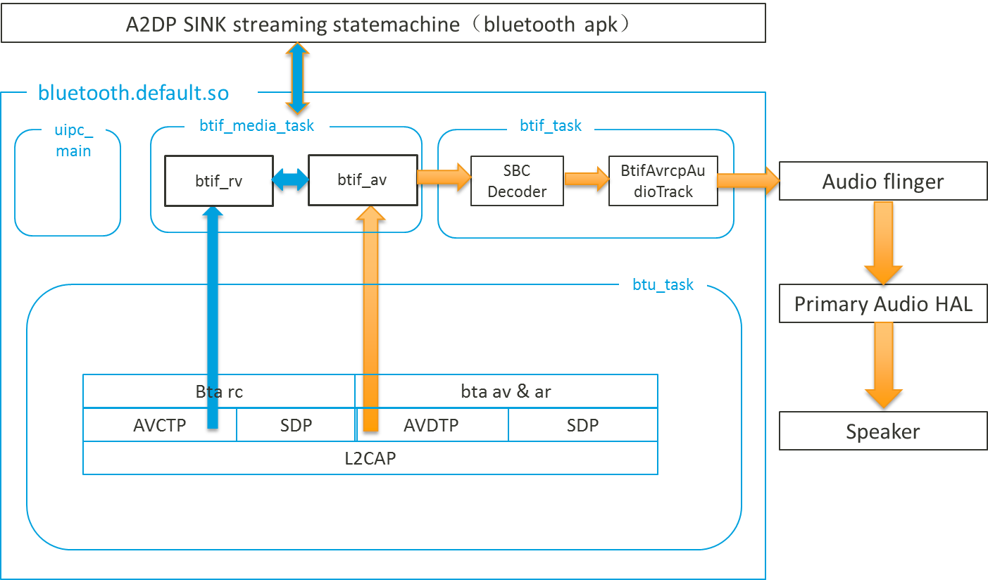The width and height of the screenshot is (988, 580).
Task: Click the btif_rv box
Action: (218, 181)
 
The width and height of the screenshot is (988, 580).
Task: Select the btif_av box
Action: (362, 180)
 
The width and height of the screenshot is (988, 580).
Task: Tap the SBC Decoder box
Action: (517, 181)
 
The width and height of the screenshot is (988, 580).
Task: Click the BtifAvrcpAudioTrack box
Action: (663, 181)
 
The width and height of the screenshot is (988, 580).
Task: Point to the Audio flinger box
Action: (883, 182)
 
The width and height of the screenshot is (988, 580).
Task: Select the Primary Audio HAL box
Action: (883, 304)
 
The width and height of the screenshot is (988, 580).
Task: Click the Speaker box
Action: (883, 431)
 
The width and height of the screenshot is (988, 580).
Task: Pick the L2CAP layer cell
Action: (370, 458)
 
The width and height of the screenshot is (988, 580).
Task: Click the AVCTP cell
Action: (159, 425)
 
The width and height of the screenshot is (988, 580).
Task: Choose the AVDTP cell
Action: (431, 425)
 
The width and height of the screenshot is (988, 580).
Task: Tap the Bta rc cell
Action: (219, 391)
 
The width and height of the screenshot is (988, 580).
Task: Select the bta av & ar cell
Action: (506, 391)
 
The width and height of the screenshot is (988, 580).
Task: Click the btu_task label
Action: (663, 284)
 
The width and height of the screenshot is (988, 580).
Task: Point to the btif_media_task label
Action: (256, 126)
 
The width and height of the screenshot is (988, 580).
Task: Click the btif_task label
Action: (551, 126)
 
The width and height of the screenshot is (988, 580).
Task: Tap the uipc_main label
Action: (73, 140)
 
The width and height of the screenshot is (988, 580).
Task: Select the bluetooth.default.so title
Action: (134, 93)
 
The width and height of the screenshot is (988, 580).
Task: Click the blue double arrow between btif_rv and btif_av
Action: (291, 180)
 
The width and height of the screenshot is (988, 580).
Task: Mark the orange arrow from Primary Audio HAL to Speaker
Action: (883, 365)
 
